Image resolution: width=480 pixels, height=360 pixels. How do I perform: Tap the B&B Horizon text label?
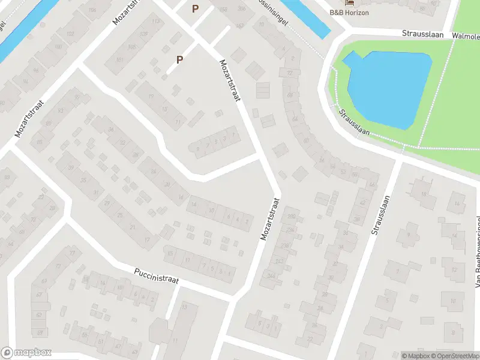coord(349,12)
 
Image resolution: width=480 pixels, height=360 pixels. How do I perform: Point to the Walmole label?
coord(466,36)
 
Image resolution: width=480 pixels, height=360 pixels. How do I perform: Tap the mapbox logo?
coord(26,353)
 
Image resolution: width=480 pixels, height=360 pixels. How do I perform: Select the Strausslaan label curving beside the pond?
coord(352,122)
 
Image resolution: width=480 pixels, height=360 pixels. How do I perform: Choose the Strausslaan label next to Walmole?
coord(422,35)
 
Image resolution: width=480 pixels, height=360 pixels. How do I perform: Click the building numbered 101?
coord(119,60)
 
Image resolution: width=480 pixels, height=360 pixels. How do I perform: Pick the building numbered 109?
coord(143,34)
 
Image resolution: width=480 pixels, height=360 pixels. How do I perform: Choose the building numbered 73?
coord(74,253)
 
